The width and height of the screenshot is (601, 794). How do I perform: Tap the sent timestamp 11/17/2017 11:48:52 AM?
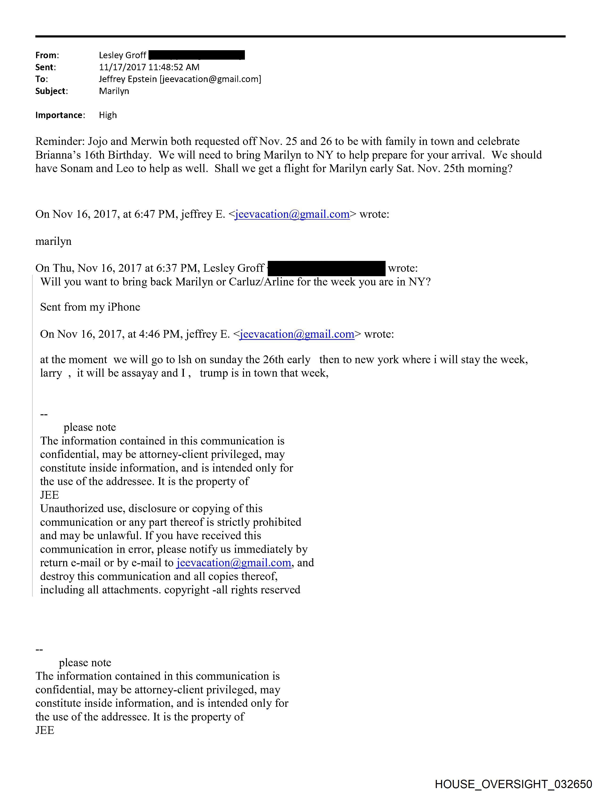click(149, 67)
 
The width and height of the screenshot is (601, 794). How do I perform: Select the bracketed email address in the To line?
click(210, 79)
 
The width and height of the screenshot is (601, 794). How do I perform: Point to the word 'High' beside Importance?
click(108, 115)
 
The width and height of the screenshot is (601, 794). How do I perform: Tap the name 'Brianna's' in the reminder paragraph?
click(56, 155)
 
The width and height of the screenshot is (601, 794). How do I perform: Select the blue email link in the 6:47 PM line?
click(292, 214)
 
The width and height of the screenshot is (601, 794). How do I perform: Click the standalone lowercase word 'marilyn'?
click(53, 241)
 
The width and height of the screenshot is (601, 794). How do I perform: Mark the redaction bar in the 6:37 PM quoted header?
click(326, 268)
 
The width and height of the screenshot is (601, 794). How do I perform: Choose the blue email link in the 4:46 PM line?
click(297, 334)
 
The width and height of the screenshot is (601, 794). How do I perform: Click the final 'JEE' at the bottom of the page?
click(45, 730)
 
